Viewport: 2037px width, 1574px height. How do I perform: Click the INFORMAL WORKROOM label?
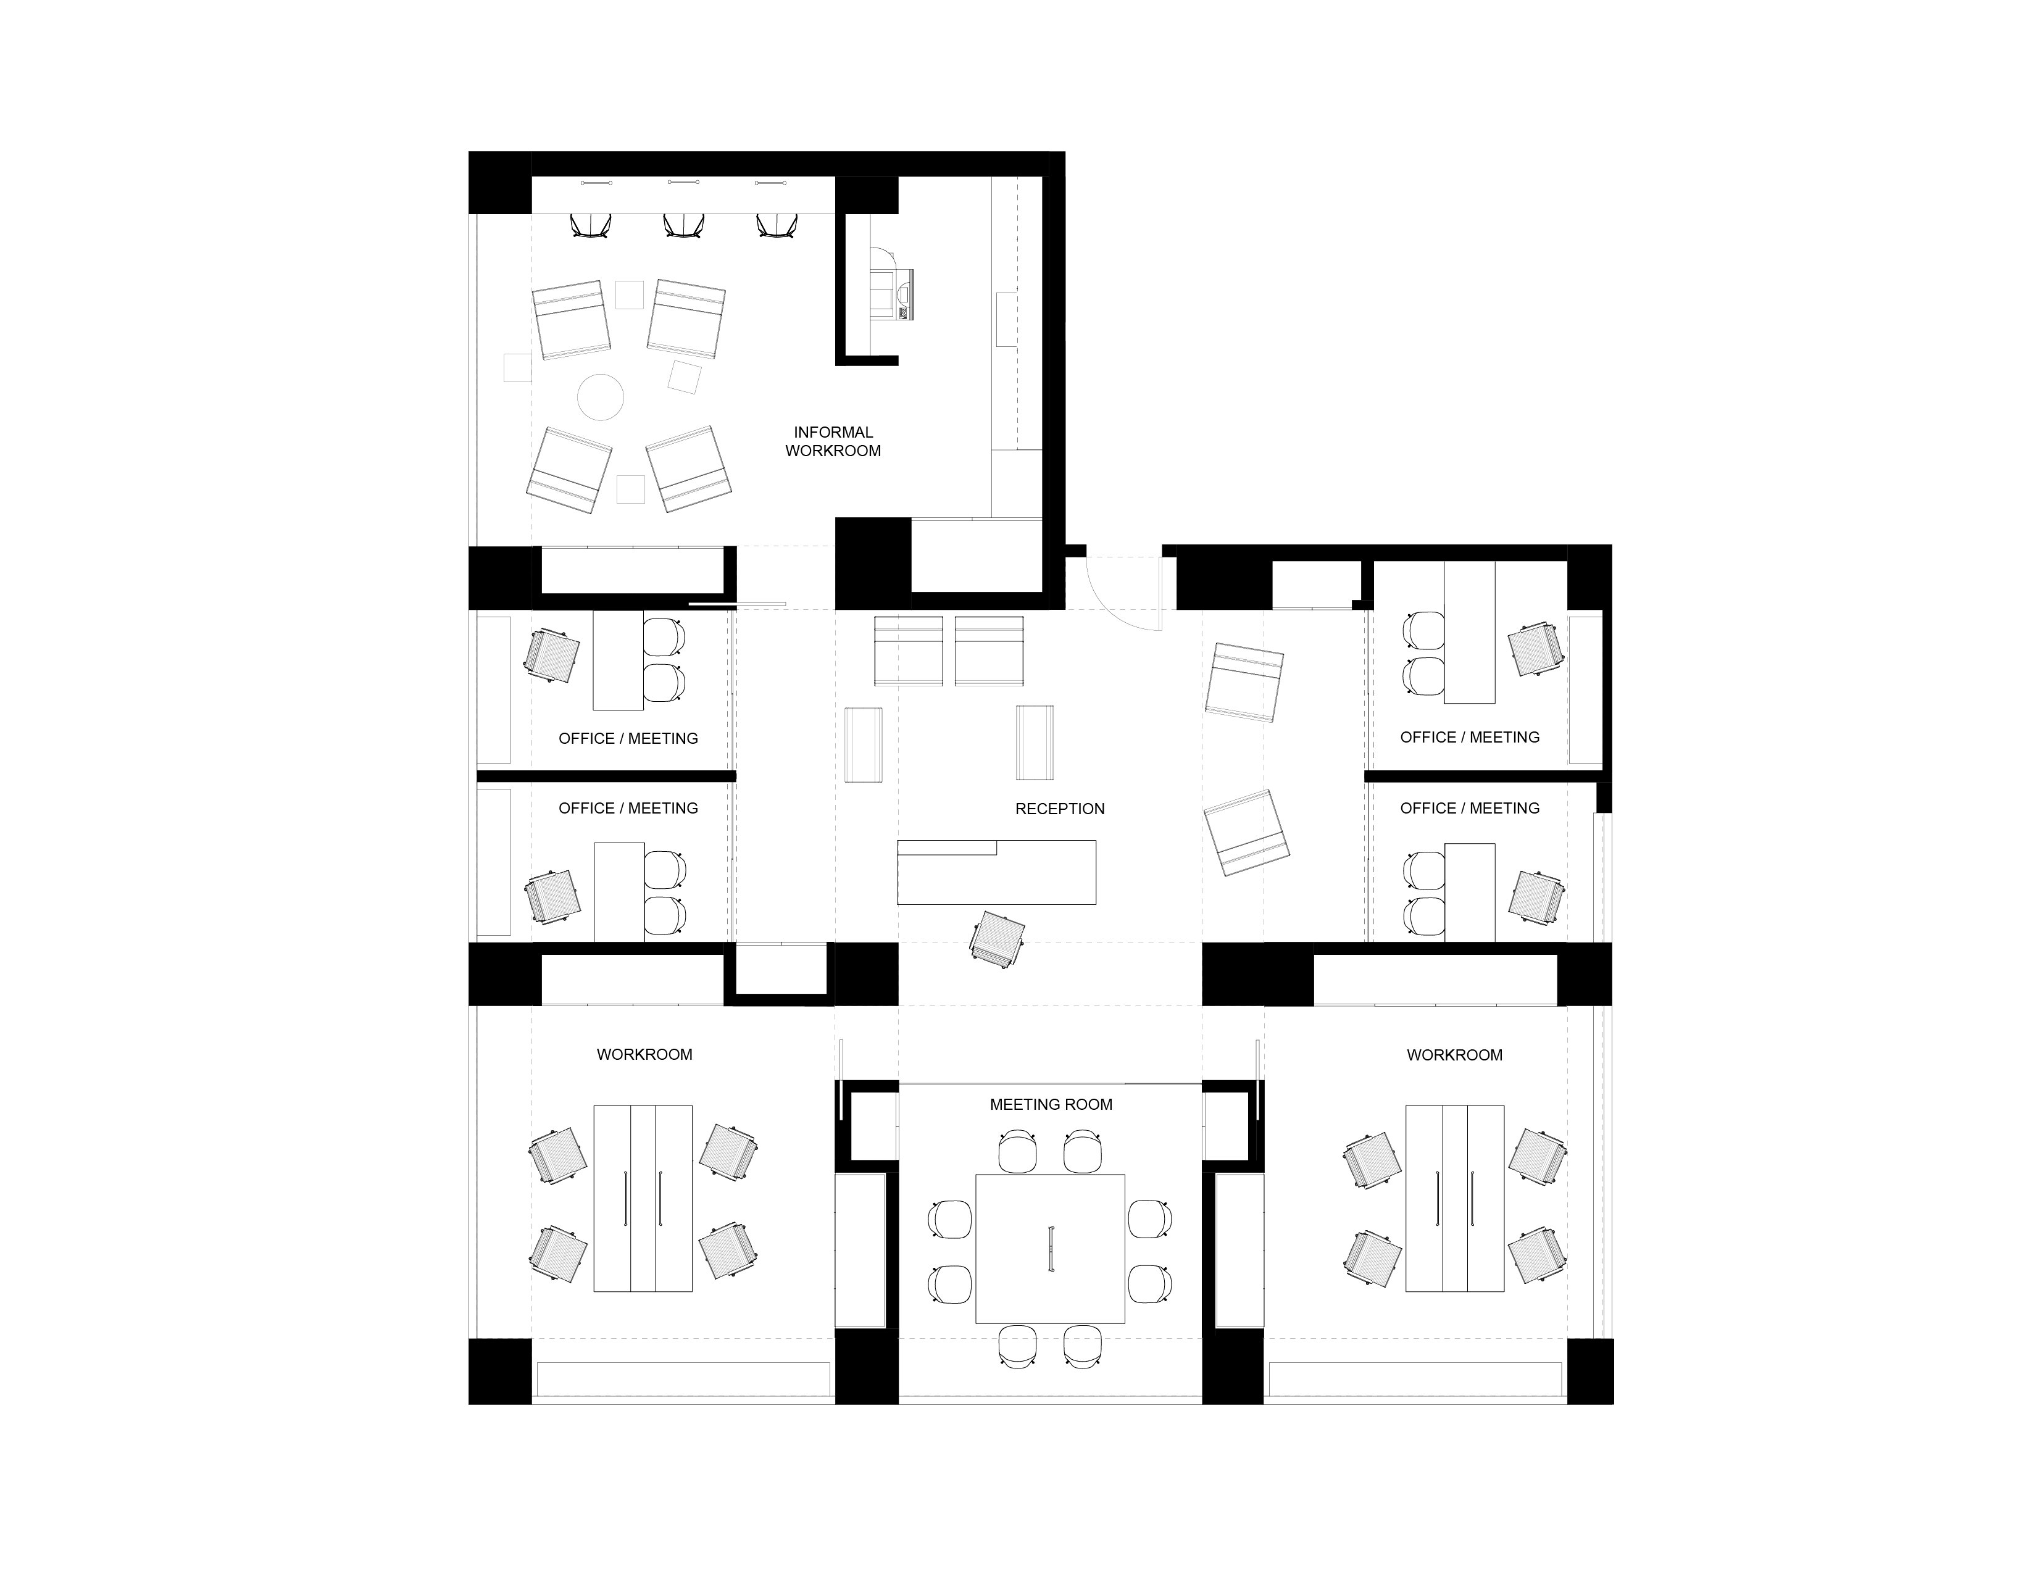[x=833, y=441]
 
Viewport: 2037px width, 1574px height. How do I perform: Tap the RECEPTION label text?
[x=1059, y=809]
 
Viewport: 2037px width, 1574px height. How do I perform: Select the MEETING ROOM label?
[x=1051, y=1104]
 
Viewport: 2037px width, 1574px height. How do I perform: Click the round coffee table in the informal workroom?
[x=600, y=396]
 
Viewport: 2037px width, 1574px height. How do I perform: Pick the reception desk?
[x=996, y=872]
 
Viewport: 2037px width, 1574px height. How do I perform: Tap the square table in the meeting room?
[x=1050, y=1249]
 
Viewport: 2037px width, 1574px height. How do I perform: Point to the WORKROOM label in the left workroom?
[x=644, y=1055]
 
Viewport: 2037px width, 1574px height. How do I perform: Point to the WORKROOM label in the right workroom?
[x=1455, y=1055]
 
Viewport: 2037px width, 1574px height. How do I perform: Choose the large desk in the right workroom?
[x=1454, y=1198]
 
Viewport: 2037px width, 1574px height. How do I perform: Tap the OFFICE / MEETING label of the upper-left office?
[x=628, y=738]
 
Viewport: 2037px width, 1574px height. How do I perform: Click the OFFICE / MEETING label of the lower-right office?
[x=1470, y=809]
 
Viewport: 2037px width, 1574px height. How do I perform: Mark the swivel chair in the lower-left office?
[x=552, y=897]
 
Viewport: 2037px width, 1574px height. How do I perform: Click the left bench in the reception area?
[x=863, y=744]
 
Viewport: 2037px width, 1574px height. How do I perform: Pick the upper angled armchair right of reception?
[x=1244, y=681]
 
